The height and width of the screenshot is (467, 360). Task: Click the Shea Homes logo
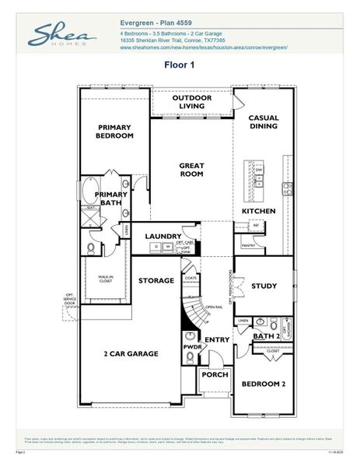[61, 35]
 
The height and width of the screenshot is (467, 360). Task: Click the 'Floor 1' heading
[179, 65]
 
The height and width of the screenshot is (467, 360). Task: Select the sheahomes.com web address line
[204, 47]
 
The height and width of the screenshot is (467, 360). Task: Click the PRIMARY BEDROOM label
[115, 131]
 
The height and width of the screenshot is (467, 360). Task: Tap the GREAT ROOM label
[191, 170]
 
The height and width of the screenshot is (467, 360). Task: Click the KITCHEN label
[258, 211]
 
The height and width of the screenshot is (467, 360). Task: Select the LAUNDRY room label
[163, 236]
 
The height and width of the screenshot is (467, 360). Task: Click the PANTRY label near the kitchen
[249, 245]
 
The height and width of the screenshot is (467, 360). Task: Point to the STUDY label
[264, 286]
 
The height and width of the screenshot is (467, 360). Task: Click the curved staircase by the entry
[191, 310]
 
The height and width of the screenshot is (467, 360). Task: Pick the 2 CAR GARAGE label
[131, 353]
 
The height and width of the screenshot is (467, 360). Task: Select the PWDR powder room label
[192, 346]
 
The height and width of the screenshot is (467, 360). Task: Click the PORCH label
[214, 374]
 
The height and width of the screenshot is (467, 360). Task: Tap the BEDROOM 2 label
[263, 384]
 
